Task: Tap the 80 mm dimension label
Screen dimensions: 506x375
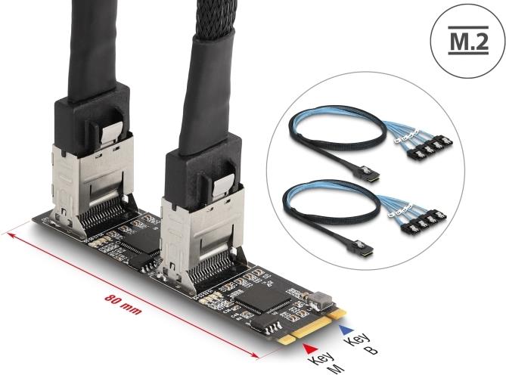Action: click(x=123, y=305)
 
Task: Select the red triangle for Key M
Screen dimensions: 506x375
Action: click(x=310, y=349)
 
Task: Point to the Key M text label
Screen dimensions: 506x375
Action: click(x=325, y=364)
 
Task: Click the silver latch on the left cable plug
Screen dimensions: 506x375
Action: click(x=111, y=133)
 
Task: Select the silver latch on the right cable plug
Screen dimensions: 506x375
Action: click(x=224, y=187)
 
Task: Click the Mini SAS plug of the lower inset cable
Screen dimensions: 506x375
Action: click(x=362, y=248)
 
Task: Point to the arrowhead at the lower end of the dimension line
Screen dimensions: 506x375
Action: click(x=254, y=355)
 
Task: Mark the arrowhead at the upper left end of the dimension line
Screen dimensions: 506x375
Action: click(x=12, y=235)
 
